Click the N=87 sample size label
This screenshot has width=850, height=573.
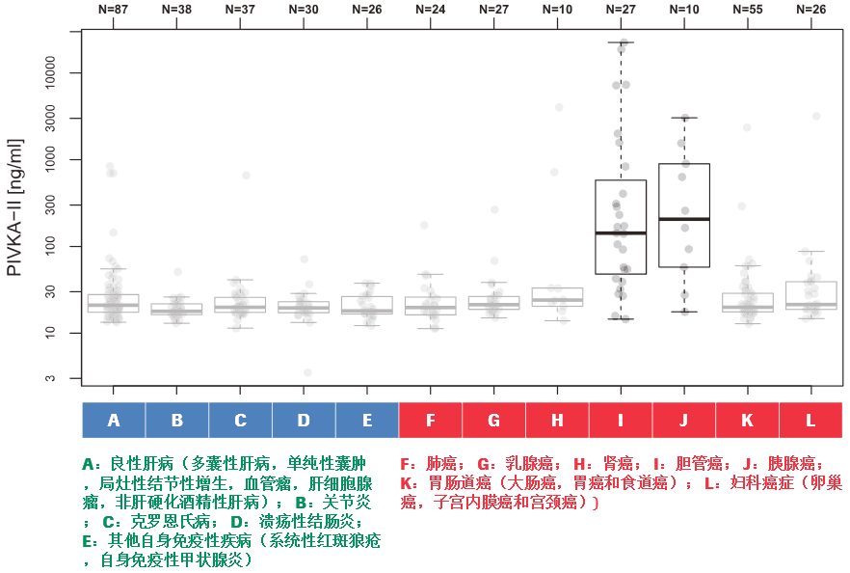(x=114, y=9)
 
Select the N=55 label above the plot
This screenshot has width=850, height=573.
(x=748, y=9)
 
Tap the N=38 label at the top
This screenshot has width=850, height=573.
(x=177, y=9)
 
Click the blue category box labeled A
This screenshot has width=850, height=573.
(x=114, y=421)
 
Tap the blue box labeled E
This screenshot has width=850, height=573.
(x=367, y=421)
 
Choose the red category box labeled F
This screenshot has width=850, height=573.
(x=431, y=421)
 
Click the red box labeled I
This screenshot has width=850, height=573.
(x=621, y=421)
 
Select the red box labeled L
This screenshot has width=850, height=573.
(x=810, y=421)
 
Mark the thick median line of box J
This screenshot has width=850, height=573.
(x=684, y=219)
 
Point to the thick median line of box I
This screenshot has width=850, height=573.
(x=621, y=232)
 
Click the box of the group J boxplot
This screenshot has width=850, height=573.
(x=684, y=193)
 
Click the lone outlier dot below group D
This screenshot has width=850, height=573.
(x=307, y=372)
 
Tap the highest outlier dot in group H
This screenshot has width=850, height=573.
(x=559, y=107)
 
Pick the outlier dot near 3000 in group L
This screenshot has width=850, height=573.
(x=816, y=116)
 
